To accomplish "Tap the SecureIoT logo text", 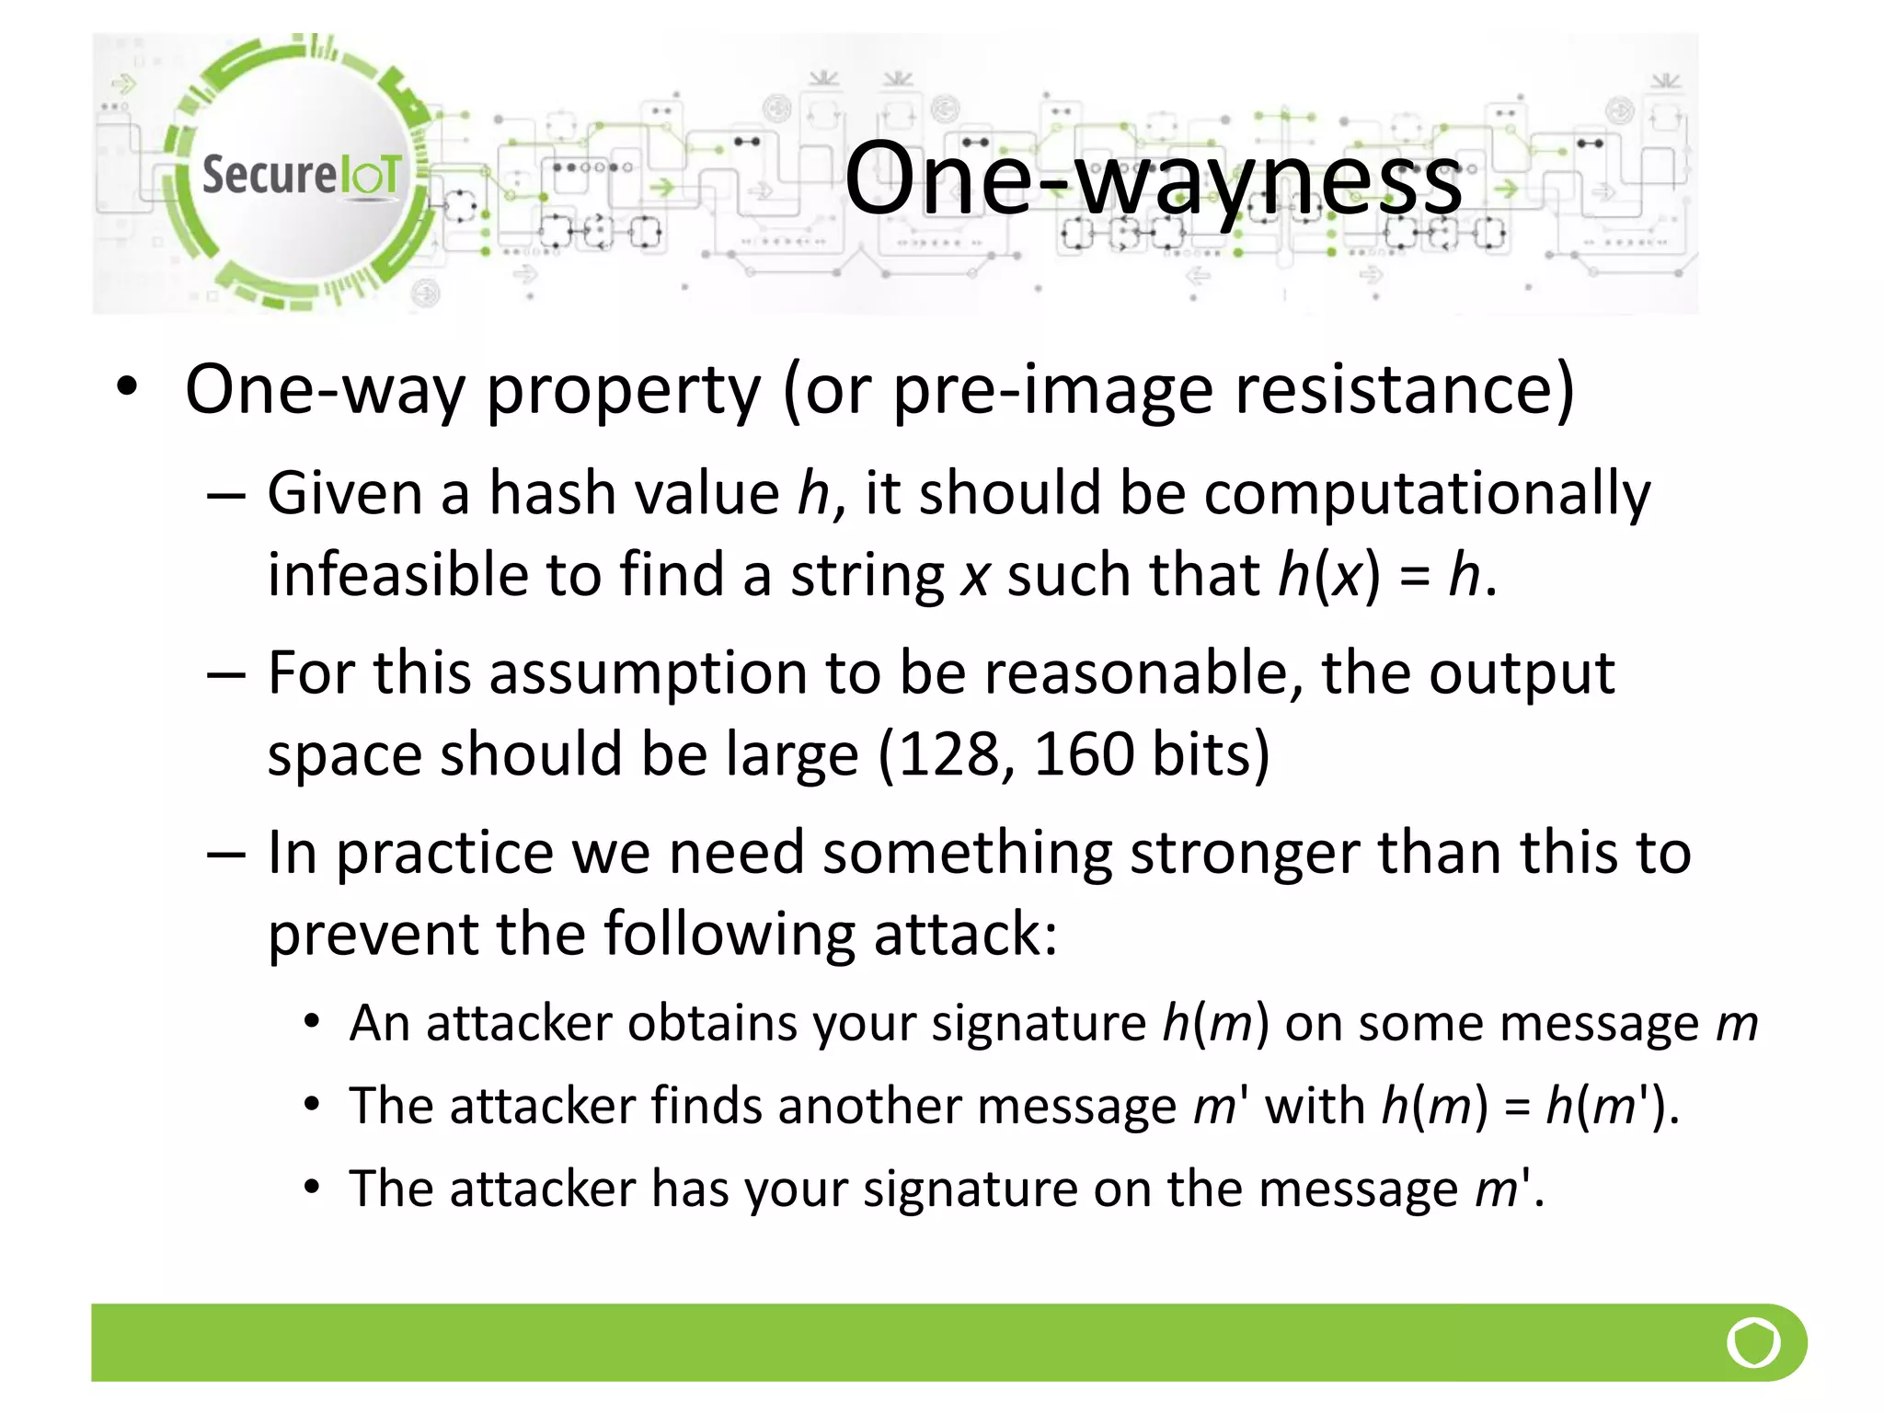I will click(301, 175).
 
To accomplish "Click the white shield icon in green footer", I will click(1753, 1343).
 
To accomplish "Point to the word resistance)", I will click(1405, 390).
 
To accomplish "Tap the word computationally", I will click(1427, 494).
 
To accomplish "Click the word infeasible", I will click(397, 575).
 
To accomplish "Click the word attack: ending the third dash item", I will click(965, 934).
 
